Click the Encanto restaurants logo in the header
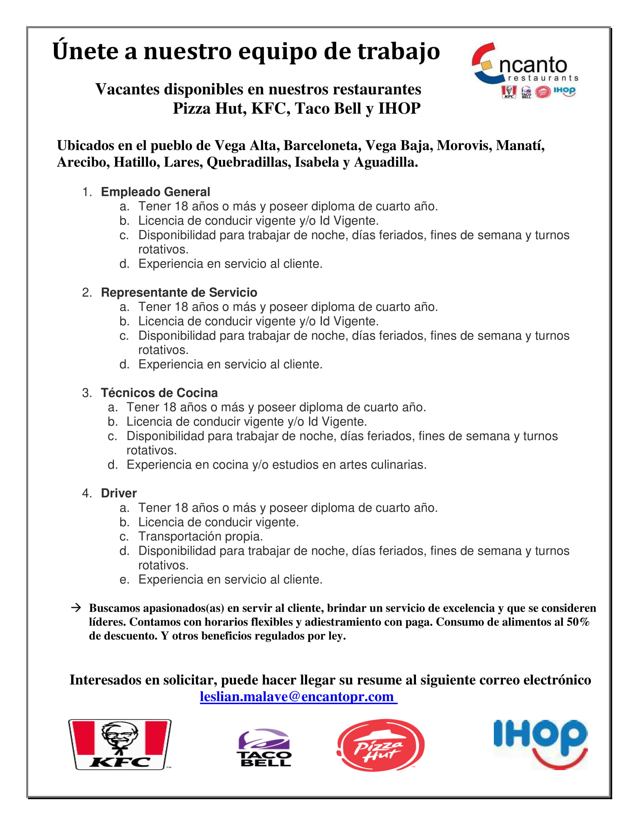click(525, 69)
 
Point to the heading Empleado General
click(155, 192)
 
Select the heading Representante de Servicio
click(179, 293)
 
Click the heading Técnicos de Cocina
click(159, 393)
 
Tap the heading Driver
click(118, 493)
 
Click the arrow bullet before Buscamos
click(76, 608)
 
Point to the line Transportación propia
click(200, 536)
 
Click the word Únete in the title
click(85, 51)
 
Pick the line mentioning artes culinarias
click(276, 464)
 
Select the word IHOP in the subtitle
click(399, 109)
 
